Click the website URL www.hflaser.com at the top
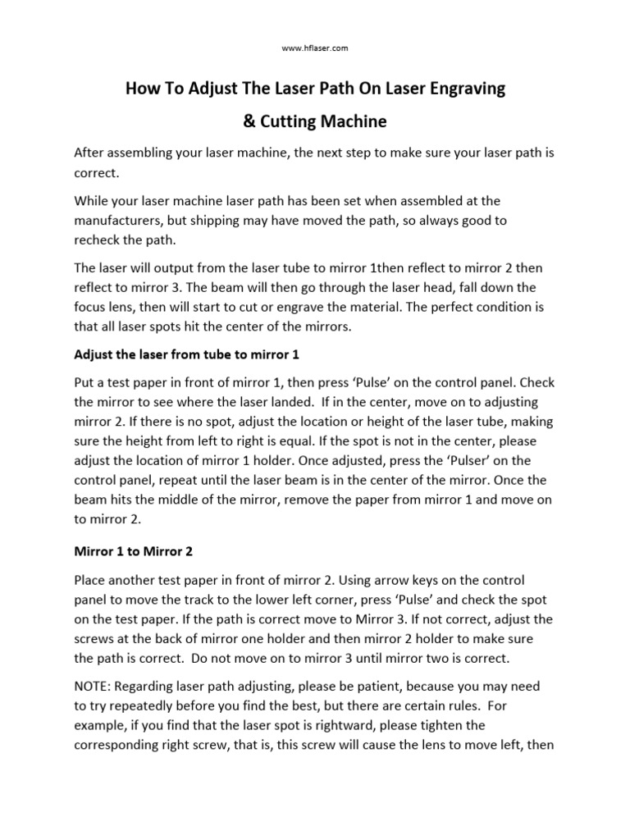315,48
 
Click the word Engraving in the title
465,89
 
